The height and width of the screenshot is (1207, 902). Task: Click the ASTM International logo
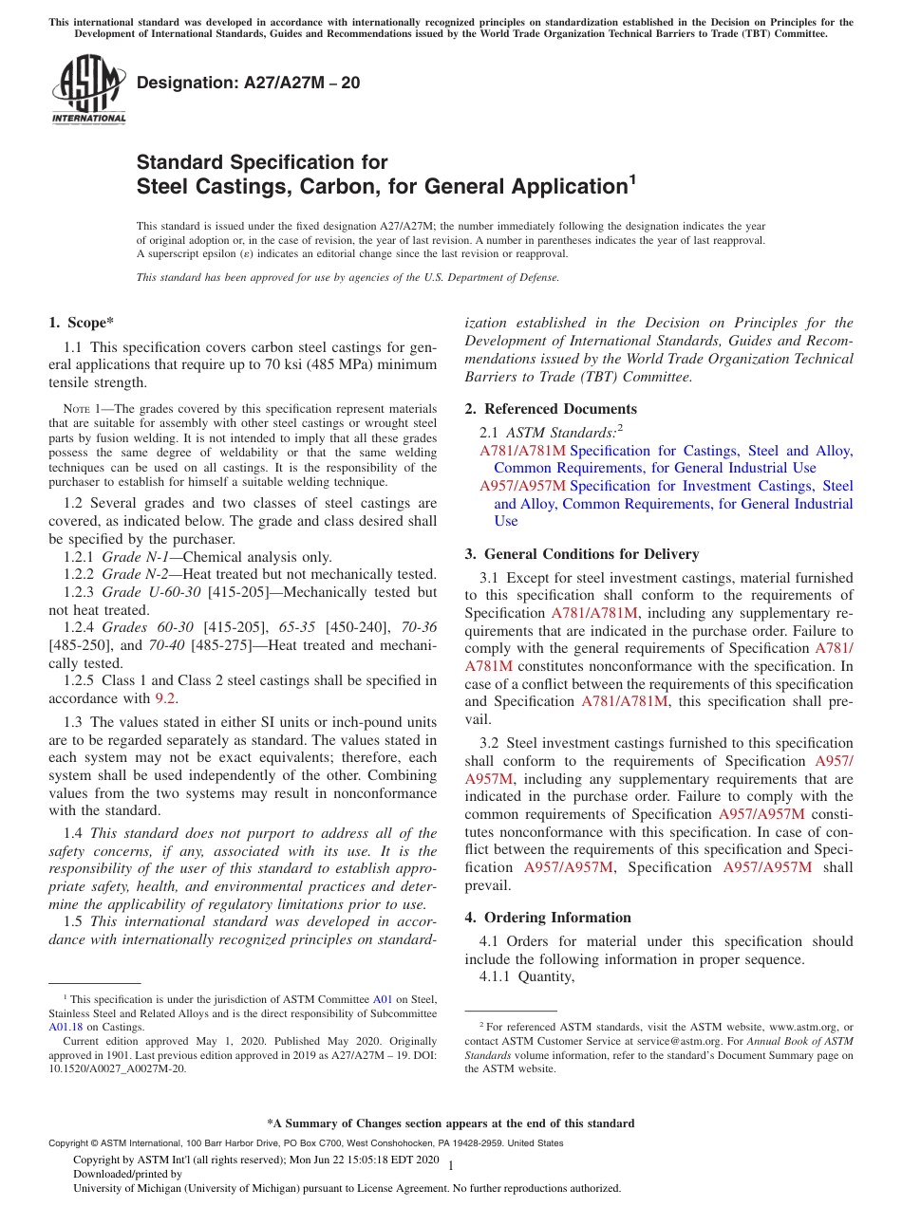[87, 89]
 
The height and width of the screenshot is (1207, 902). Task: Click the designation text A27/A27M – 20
[248, 83]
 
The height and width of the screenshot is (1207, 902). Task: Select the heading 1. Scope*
[82, 323]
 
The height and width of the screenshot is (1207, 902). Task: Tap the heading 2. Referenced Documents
[551, 409]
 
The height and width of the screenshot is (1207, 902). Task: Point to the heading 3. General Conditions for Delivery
[581, 554]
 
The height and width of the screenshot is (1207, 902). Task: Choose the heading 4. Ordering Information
[548, 918]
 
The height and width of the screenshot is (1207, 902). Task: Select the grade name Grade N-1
[135, 557]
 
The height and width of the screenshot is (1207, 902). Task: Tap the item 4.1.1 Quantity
[527, 976]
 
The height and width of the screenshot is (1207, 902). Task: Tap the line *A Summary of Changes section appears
[450, 1123]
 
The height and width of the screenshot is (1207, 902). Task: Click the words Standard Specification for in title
[262, 162]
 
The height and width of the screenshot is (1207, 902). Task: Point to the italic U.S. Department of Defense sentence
[348, 278]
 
